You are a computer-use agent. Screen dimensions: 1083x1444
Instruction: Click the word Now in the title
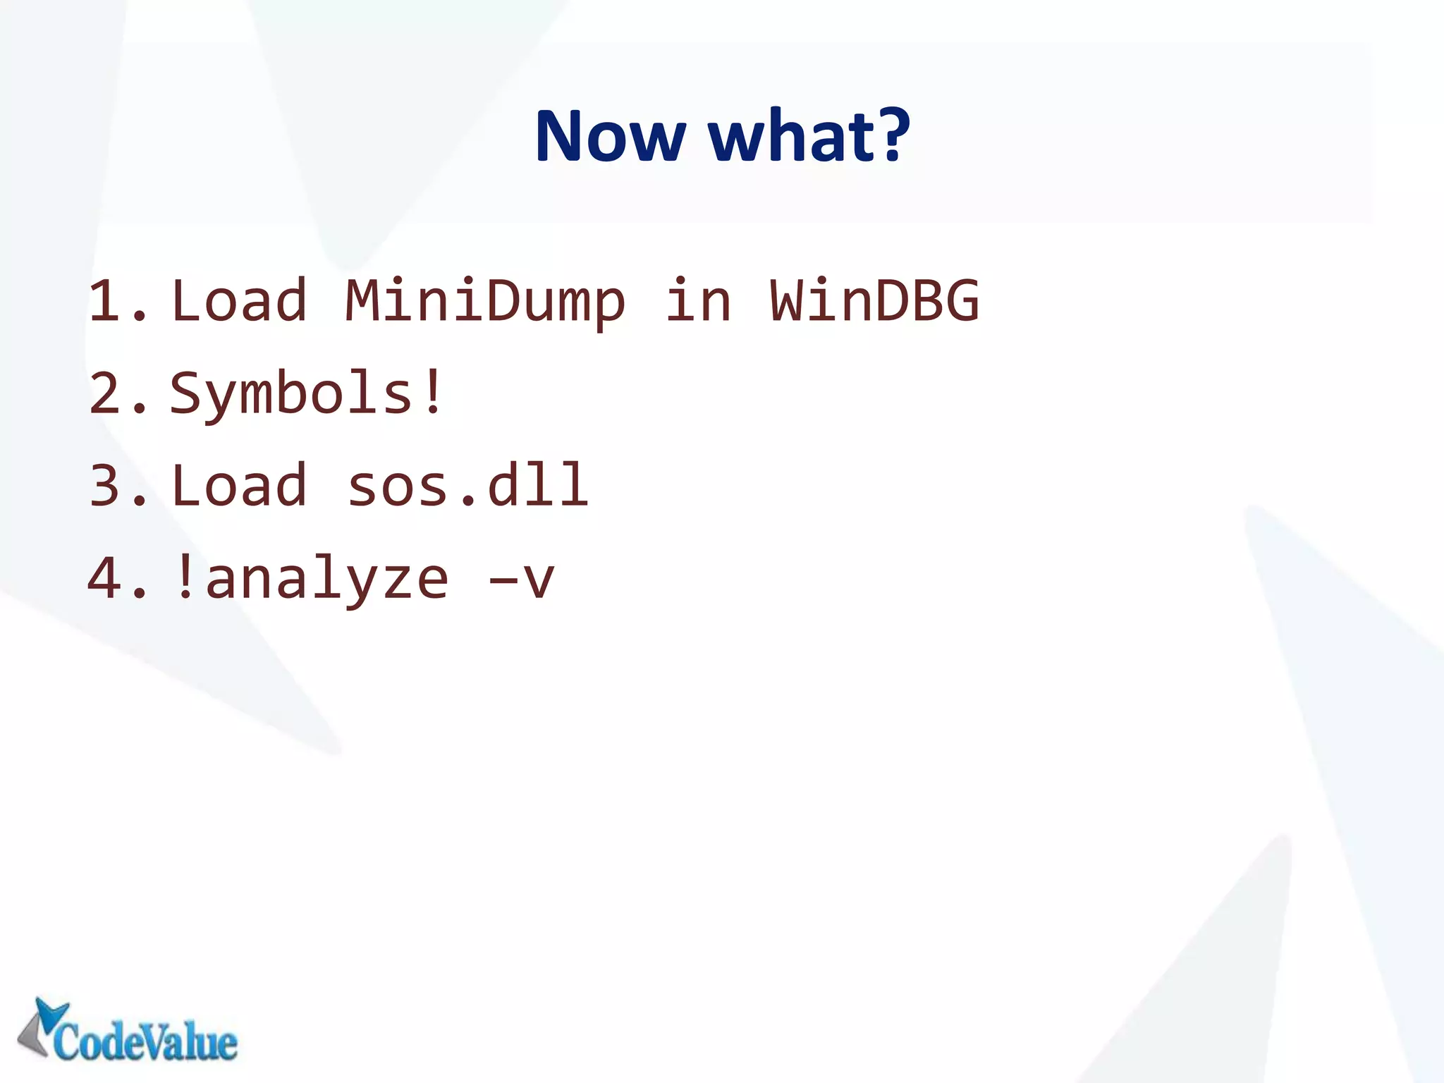(610, 135)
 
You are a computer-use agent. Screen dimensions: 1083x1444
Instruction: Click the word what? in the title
(809, 135)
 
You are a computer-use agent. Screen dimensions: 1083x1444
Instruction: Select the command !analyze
(311, 579)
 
